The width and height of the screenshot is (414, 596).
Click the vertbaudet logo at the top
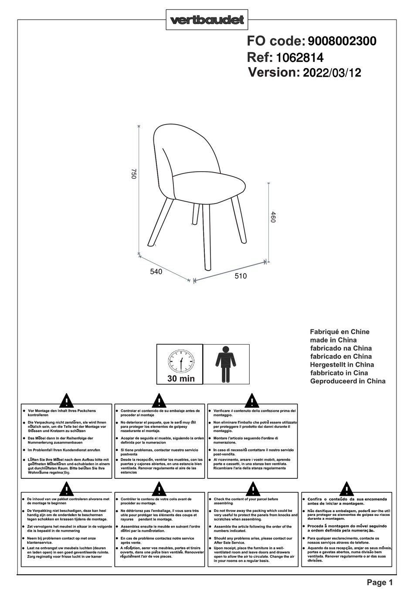207,20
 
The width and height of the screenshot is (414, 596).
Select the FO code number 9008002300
342,41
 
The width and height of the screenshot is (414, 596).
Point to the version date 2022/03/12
332,73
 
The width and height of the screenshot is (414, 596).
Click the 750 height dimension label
134,174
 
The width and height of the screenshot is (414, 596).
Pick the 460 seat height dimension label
273,217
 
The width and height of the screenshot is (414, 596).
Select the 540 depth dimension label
156,272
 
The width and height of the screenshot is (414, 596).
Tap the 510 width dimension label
241,276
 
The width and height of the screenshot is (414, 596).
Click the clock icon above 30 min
181,361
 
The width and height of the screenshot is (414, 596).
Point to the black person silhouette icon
226,364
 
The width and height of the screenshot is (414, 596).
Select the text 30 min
181,379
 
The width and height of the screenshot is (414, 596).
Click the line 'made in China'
333,340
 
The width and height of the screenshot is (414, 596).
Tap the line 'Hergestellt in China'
342,365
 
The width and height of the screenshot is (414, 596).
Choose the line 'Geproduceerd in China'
347,381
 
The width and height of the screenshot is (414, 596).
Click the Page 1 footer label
380,582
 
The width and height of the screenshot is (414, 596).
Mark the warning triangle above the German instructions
66,400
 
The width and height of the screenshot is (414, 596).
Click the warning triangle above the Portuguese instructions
346,489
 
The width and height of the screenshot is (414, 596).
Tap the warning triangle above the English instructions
253,489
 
